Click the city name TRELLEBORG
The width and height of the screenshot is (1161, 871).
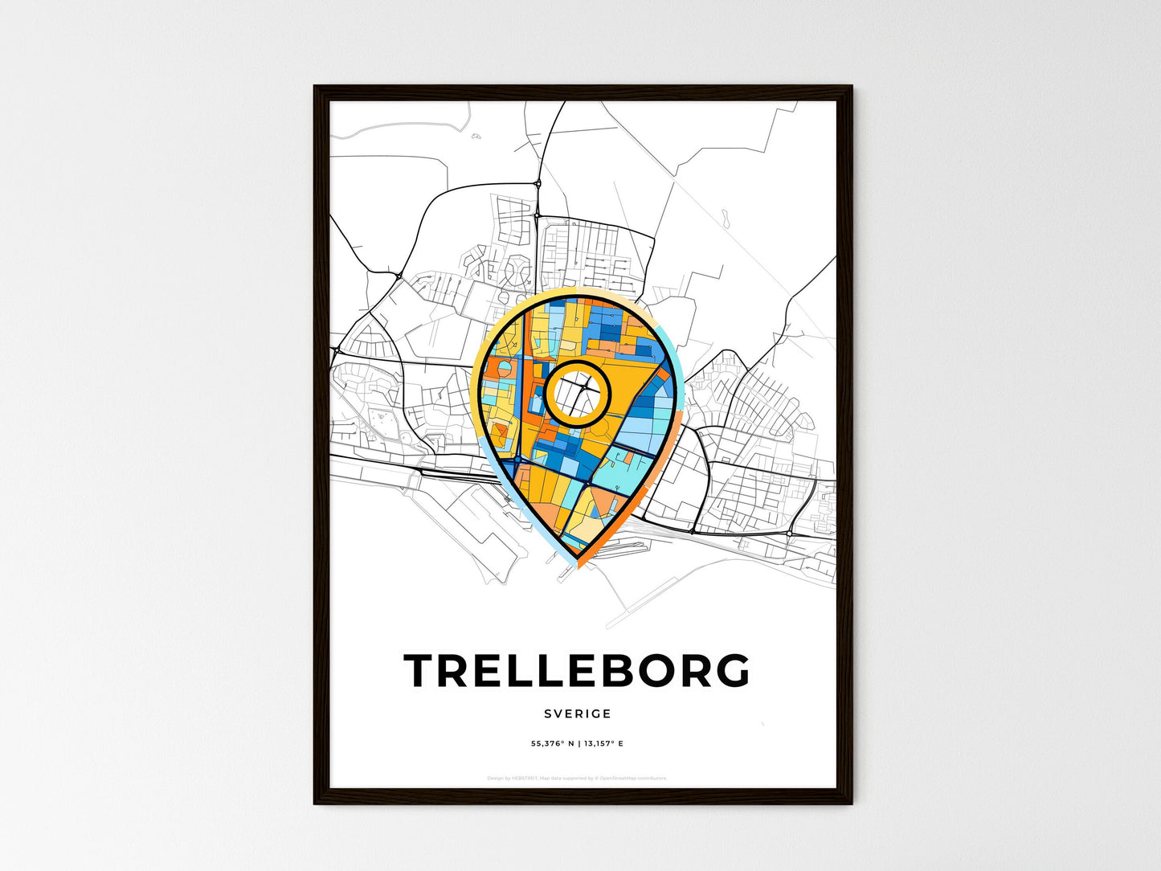click(577, 671)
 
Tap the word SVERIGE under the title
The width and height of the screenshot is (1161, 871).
click(577, 714)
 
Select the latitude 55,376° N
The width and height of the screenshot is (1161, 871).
click(552, 744)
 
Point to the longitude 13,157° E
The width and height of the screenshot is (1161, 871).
click(603, 744)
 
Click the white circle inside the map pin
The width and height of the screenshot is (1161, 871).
click(578, 393)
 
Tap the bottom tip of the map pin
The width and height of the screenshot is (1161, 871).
click(577, 565)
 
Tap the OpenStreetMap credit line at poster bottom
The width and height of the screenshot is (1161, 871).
click(577, 778)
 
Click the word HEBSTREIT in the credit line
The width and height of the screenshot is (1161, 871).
click(527, 778)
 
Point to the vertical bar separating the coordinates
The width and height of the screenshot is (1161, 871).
click(578, 744)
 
